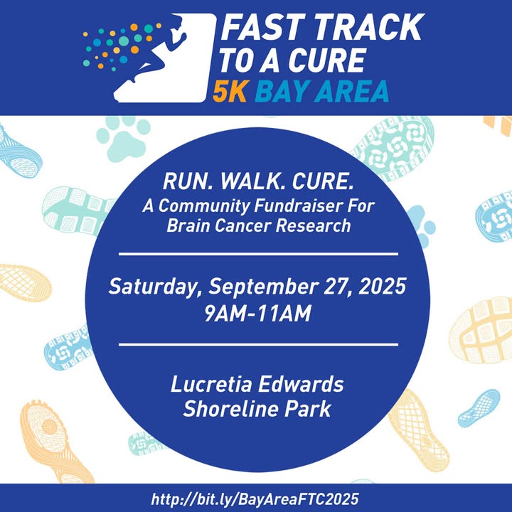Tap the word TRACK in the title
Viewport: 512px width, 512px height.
pos(368,28)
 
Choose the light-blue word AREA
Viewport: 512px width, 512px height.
pos(351,91)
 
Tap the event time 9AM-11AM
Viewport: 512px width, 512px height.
pos(258,314)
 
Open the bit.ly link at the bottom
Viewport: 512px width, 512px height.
pos(255,499)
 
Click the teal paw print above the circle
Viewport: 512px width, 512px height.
pos(124,137)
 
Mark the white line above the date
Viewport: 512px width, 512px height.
pos(258,254)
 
